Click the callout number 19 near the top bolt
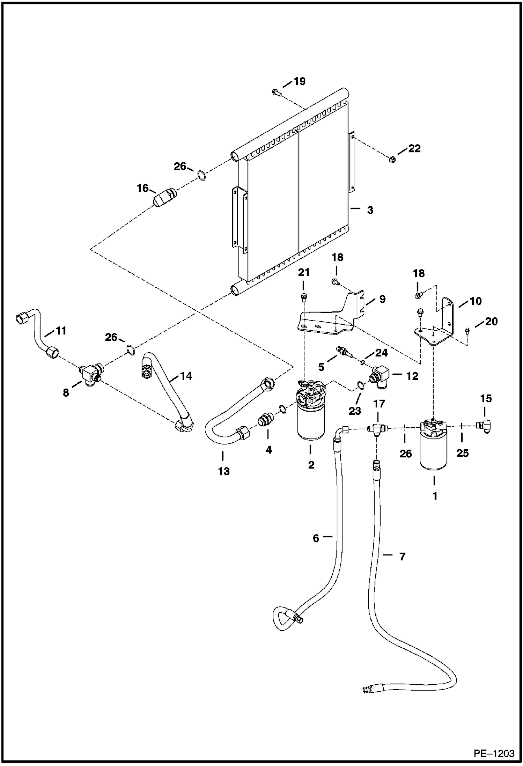[299, 81]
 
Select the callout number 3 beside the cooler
[370, 210]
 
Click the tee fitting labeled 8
[90, 374]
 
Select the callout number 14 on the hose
[186, 376]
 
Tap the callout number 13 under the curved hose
[224, 471]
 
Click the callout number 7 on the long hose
[402, 557]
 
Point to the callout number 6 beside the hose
[316, 538]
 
